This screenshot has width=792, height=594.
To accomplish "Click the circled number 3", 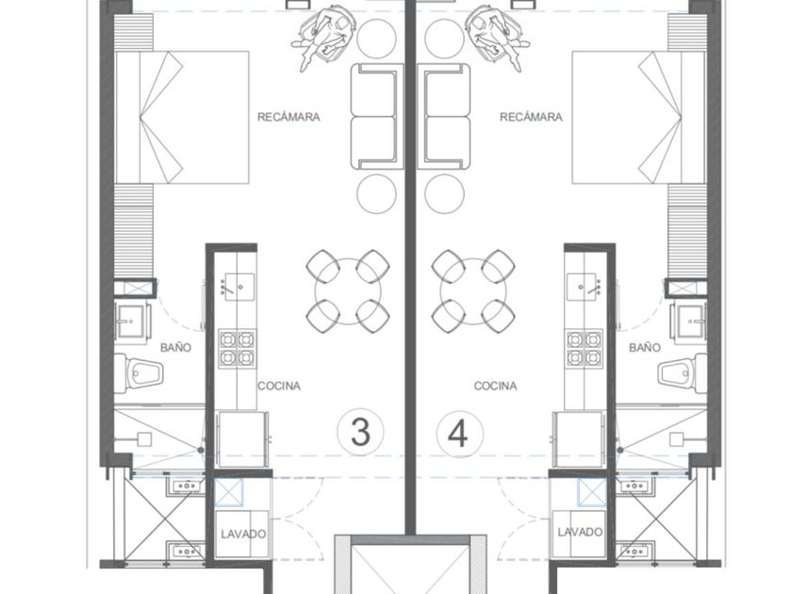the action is (x=360, y=433).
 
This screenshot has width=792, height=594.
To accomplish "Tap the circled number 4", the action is (x=460, y=434).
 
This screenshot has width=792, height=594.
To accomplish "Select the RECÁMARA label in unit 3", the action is (x=289, y=117).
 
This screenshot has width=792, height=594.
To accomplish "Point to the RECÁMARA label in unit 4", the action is (x=531, y=117).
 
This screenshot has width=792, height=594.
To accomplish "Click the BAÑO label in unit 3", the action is (x=175, y=348).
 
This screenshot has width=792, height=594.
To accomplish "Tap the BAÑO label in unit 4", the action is (x=645, y=348).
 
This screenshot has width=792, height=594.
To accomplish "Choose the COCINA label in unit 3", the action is (x=279, y=386).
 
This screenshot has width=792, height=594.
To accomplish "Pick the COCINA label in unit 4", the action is (x=496, y=386).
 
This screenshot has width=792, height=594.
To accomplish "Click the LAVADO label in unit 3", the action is (x=243, y=534).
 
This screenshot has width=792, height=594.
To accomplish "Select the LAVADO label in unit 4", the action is (x=580, y=532).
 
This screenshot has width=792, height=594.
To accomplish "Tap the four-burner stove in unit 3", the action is (x=237, y=348).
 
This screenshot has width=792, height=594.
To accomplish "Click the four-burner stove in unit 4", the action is (x=584, y=348).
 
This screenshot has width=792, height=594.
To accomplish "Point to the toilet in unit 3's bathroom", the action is (x=139, y=373).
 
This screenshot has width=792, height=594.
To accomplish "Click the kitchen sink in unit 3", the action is (x=239, y=287).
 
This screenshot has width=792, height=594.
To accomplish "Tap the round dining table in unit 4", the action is (x=473, y=291).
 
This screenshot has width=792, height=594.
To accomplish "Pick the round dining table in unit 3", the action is (x=348, y=291).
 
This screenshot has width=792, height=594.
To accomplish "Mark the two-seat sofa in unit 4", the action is (x=444, y=117).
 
